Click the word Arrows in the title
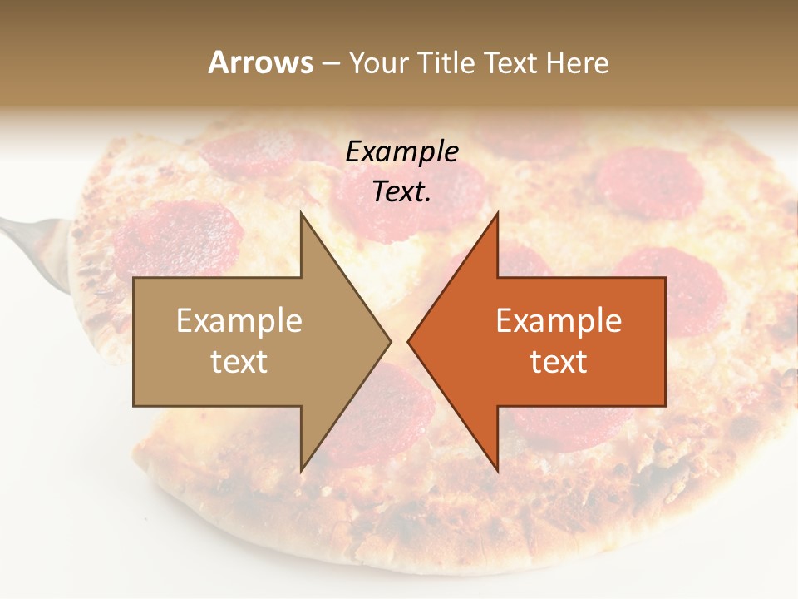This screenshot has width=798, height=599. (260, 62)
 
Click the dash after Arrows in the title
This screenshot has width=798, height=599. (331, 63)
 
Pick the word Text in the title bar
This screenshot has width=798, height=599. (512, 62)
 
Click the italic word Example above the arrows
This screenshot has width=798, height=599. (402, 152)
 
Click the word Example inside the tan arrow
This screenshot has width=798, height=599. (239, 321)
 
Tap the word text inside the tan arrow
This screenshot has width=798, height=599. (239, 362)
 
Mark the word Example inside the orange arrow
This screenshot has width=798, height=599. (559, 321)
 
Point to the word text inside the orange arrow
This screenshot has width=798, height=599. (559, 362)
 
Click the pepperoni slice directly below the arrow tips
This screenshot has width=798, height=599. (391, 416)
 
